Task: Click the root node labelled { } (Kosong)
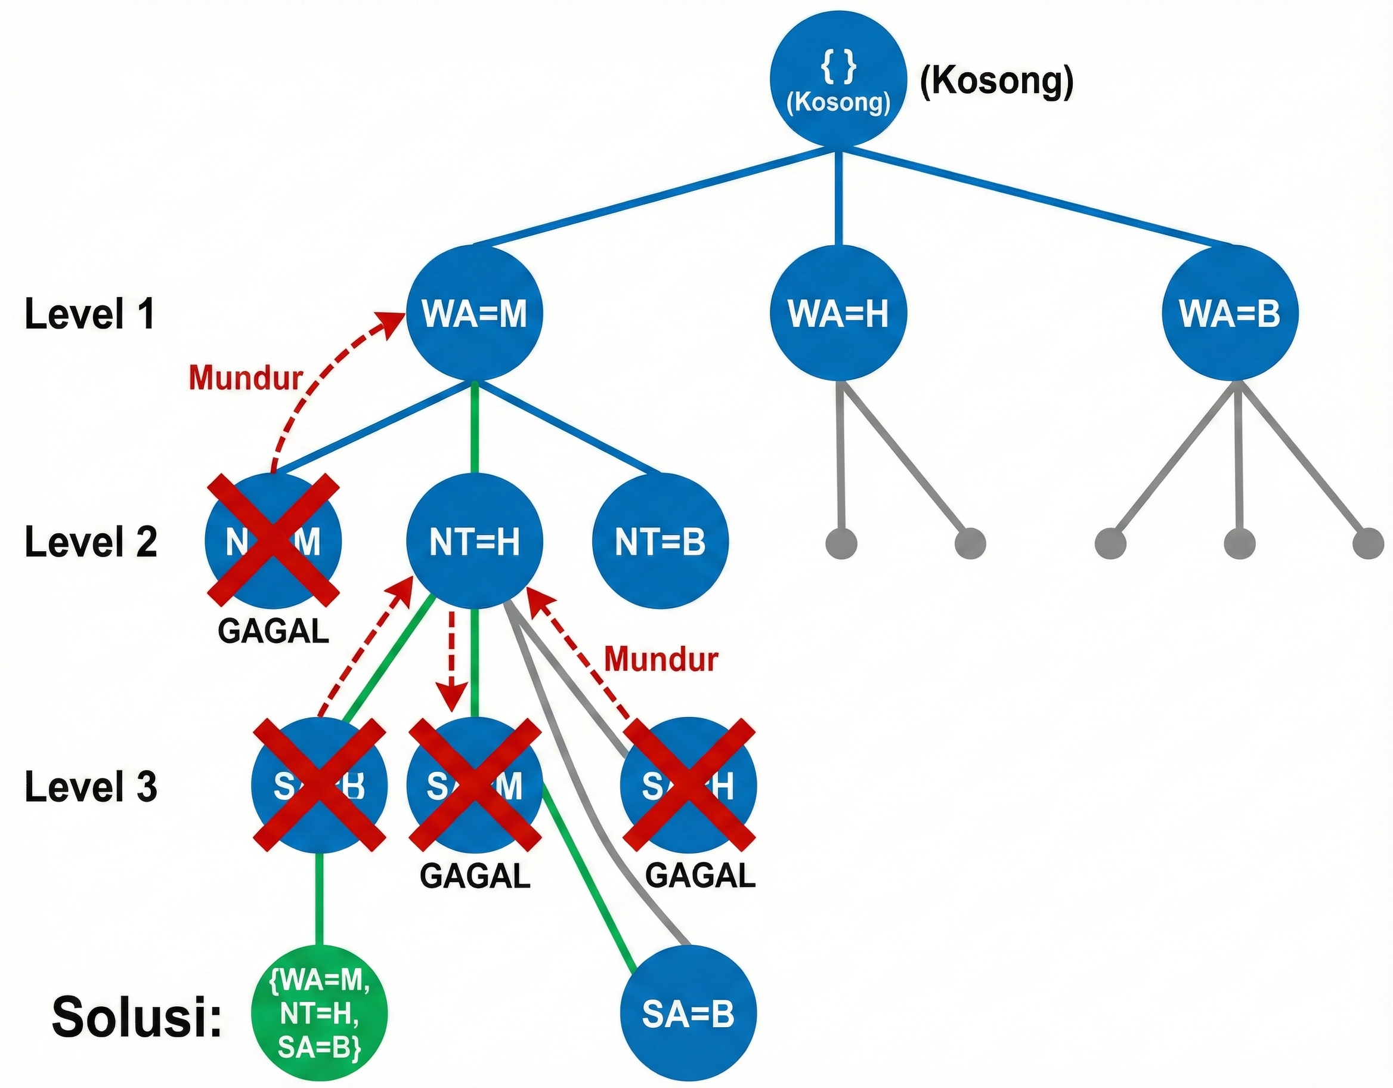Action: click(x=838, y=79)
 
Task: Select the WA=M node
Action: click(x=475, y=313)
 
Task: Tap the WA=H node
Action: click(x=838, y=313)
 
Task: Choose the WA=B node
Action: click(x=1230, y=313)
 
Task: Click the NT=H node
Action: click(x=475, y=542)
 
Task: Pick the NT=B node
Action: click(x=660, y=542)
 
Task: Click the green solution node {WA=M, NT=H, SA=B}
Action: click(x=320, y=1013)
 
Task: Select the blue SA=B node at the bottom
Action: click(x=688, y=1013)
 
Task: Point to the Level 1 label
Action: click(x=90, y=314)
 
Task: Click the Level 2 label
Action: click(x=91, y=542)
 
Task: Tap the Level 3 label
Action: click(x=91, y=786)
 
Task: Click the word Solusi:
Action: click(x=136, y=1016)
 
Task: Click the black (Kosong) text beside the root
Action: click(x=996, y=82)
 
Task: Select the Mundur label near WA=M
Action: click(x=246, y=378)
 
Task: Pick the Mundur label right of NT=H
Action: click(x=661, y=659)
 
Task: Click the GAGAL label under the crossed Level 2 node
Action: click(x=273, y=632)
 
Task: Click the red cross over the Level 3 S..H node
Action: click(x=689, y=785)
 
